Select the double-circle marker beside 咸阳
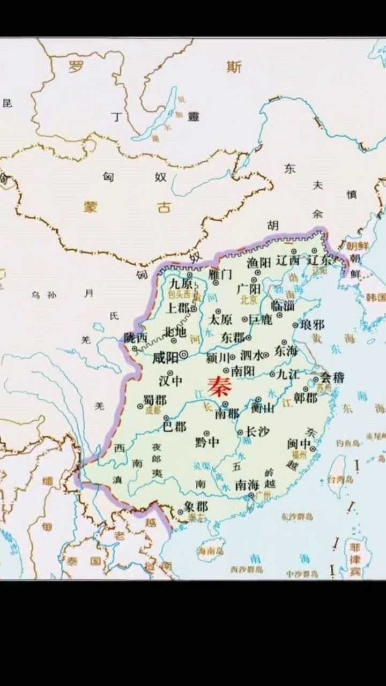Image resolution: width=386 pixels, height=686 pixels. click(184, 354)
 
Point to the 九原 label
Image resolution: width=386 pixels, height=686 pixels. click(181, 284)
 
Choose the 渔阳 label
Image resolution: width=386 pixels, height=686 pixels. click(259, 263)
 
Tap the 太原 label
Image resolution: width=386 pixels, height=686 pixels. click(220, 320)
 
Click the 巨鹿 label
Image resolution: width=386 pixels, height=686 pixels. click(261, 320)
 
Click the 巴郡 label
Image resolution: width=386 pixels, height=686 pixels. click(174, 427)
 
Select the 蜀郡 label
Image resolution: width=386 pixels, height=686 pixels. click(155, 400)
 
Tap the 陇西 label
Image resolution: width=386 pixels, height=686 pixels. click(135, 338)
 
